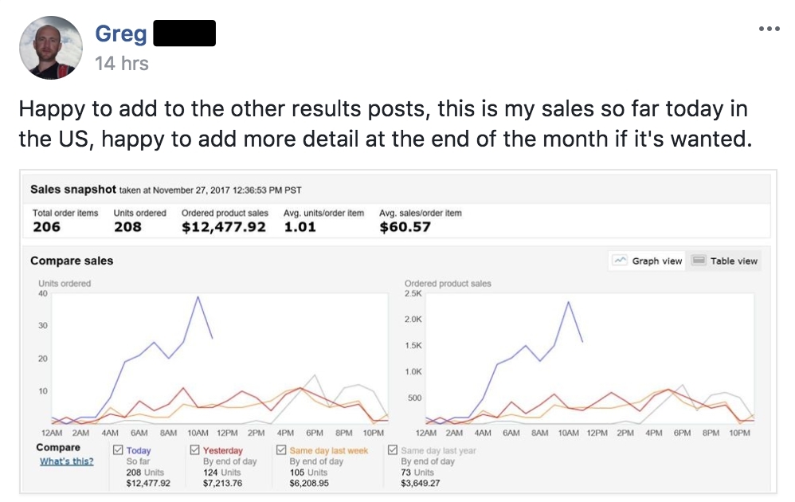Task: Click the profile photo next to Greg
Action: (x=50, y=47)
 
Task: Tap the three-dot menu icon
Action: (x=769, y=29)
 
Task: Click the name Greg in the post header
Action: (x=119, y=33)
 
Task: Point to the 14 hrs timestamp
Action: (x=121, y=63)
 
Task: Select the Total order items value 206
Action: (x=47, y=227)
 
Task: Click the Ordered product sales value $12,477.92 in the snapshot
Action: (x=224, y=227)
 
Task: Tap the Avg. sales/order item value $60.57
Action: (x=405, y=227)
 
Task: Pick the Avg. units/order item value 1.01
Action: (x=300, y=227)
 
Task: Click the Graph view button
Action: (x=648, y=261)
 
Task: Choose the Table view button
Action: (x=725, y=261)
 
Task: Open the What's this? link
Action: (x=66, y=461)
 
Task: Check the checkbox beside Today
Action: (x=118, y=450)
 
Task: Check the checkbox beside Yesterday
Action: (x=196, y=450)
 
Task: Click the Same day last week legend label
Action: (x=328, y=451)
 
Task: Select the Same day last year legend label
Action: (x=439, y=451)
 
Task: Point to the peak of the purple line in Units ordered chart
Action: (x=198, y=296)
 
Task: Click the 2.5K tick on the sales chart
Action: (x=413, y=294)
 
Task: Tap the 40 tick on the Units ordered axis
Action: (x=43, y=294)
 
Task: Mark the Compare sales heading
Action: (x=72, y=261)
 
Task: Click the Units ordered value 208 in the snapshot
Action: (x=127, y=227)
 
